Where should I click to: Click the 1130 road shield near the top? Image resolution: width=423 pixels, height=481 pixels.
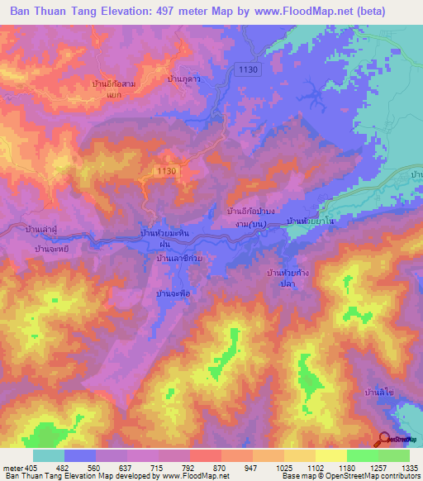tap(246, 70)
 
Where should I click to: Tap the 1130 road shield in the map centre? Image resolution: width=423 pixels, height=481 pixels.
tap(167, 170)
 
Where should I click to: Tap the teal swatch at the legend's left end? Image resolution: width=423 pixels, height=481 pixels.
tap(49, 455)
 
